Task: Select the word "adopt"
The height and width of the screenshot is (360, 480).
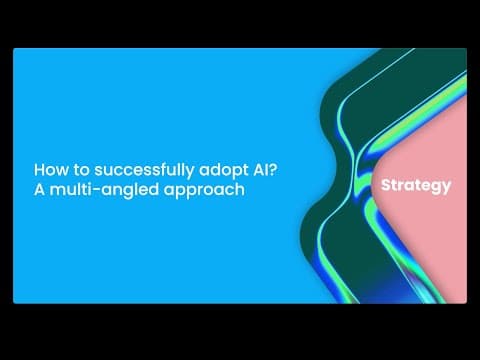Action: click(x=200, y=170)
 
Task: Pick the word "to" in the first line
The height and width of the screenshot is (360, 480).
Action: click(x=76, y=170)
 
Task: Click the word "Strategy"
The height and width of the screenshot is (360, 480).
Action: click(x=416, y=186)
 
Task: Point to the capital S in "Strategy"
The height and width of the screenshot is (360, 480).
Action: click(x=386, y=185)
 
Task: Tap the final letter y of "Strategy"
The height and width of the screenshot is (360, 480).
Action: click(x=446, y=188)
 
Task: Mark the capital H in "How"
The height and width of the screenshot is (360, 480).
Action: click(x=40, y=170)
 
